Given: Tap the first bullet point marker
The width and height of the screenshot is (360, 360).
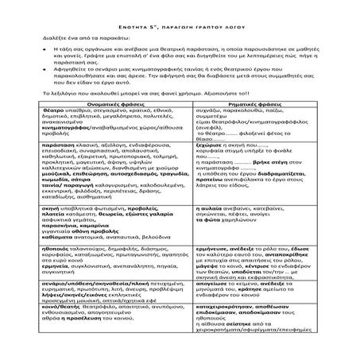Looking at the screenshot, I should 41,49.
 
